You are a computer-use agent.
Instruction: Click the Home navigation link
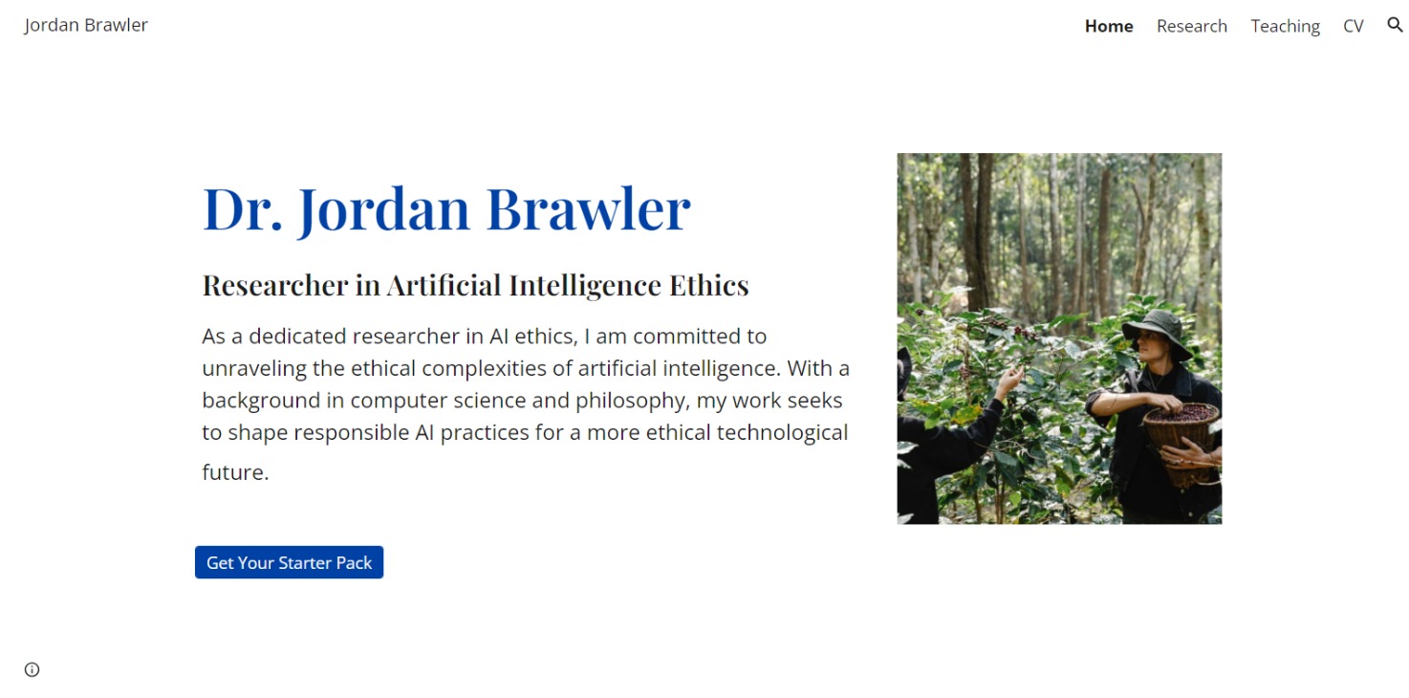tap(1109, 26)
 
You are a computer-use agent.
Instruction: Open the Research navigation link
tap(1192, 26)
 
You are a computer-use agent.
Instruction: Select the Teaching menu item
tap(1285, 27)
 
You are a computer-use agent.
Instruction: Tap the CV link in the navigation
tap(1353, 26)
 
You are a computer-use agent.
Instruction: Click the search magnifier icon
tap(1395, 25)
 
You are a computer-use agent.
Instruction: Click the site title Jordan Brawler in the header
tap(86, 25)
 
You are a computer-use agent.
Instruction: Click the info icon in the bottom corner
tap(33, 669)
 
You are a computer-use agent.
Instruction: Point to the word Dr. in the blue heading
tap(242, 209)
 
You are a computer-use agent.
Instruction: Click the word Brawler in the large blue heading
tap(588, 209)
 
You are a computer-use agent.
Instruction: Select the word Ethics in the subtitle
tap(709, 285)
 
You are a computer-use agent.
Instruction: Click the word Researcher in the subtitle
tap(275, 285)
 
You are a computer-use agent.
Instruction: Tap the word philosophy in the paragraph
tap(630, 401)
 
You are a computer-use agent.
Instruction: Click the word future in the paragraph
tap(235, 472)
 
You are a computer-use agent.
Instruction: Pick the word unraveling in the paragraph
tap(254, 369)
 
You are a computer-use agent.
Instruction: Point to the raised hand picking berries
tap(1009, 382)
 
